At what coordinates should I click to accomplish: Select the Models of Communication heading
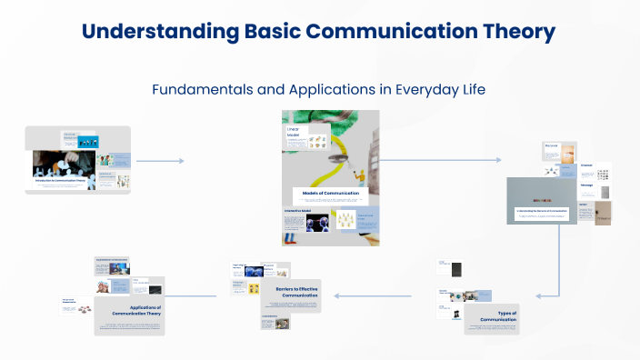(x=331, y=193)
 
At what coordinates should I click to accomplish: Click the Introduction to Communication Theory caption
(x=65, y=182)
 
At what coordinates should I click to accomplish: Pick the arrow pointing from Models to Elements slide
(x=440, y=160)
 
